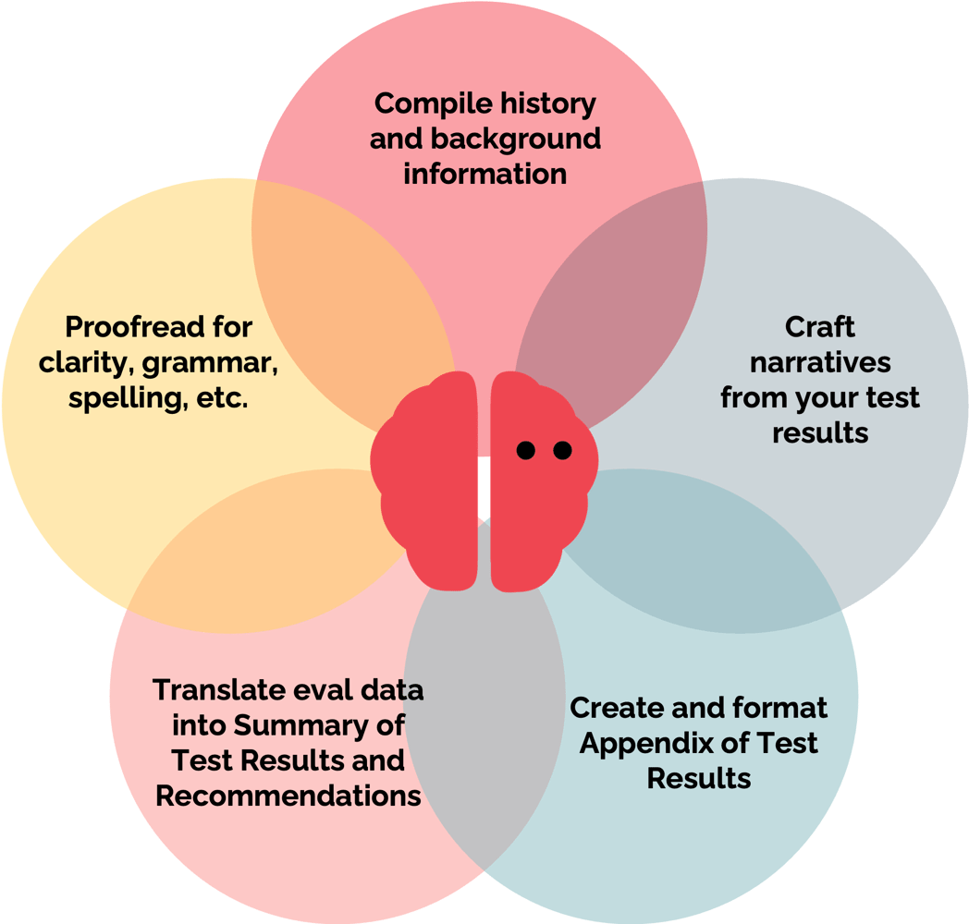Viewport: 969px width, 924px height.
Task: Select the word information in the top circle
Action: pos(485,174)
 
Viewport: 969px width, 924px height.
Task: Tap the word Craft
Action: pos(819,327)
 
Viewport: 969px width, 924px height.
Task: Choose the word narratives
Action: pos(820,362)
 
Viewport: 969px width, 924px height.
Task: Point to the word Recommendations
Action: pos(288,796)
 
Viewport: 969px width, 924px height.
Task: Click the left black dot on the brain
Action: pos(526,450)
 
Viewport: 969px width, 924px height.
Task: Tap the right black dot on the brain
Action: pos(562,450)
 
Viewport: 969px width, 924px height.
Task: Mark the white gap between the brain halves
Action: pos(484,487)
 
